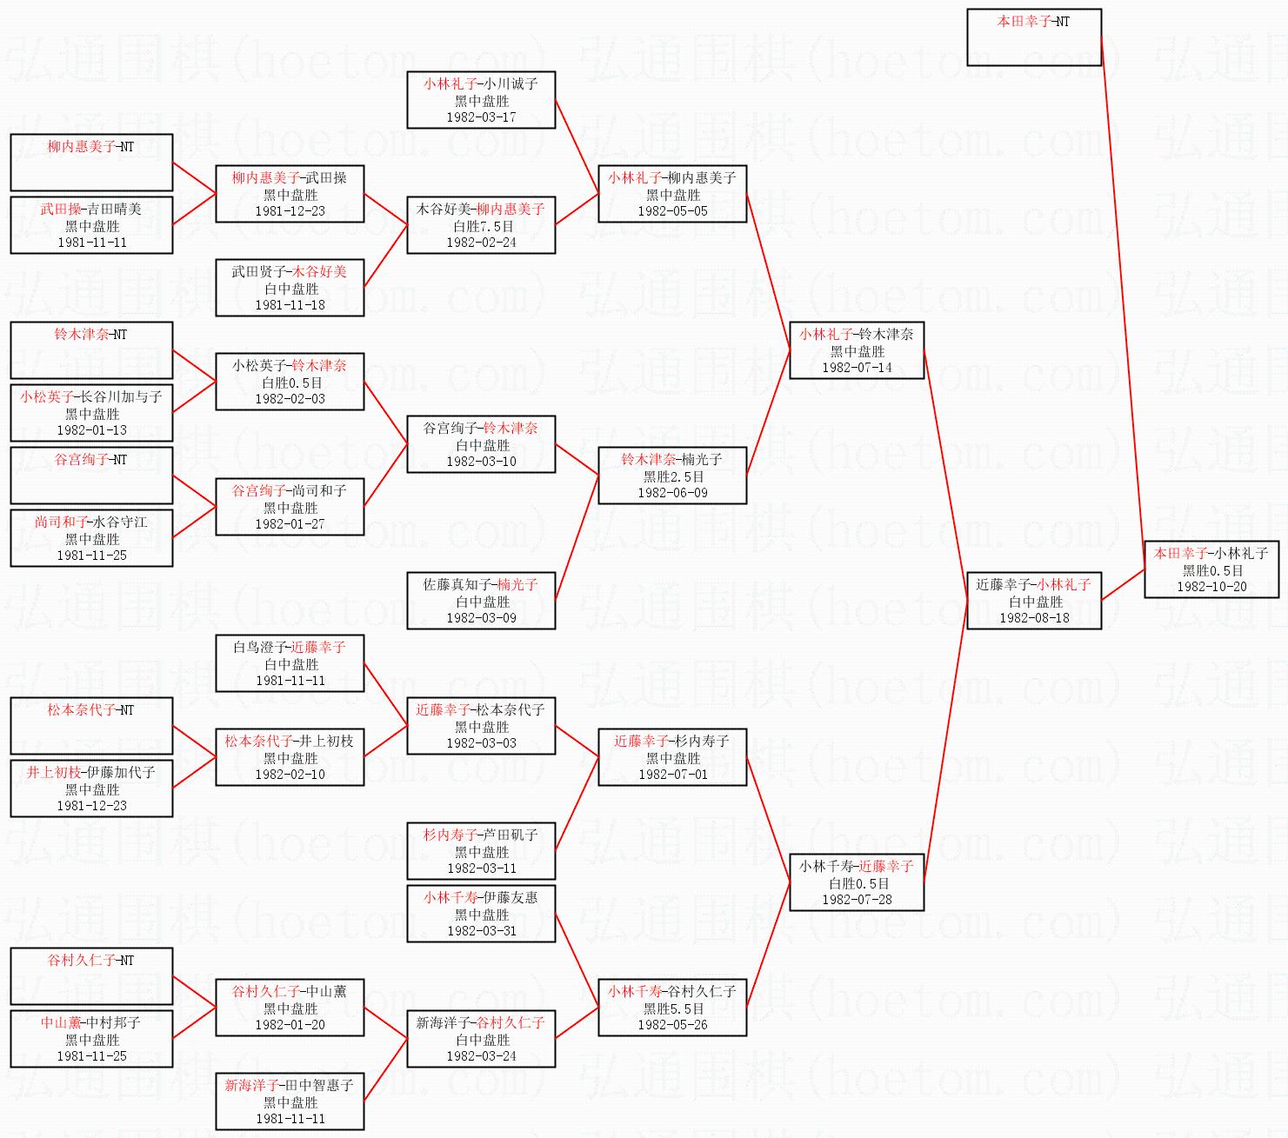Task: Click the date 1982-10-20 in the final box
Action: pos(1211,587)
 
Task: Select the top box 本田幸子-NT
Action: pos(1034,37)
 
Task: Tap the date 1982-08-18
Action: pos(1034,618)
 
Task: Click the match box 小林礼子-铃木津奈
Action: pos(857,350)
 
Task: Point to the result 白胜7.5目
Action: pos(482,226)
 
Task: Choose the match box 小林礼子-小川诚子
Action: pos(481,100)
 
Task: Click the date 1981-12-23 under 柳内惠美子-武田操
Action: pos(290,211)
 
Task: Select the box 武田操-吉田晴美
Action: pos(91,225)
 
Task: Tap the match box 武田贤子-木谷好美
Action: pos(290,288)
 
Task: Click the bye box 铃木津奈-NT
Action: pos(91,350)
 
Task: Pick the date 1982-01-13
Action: pos(91,430)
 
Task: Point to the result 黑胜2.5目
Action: pos(673,476)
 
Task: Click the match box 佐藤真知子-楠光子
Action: pos(481,601)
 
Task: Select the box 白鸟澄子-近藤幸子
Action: pos(290,663)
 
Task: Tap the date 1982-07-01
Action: pos(673,775)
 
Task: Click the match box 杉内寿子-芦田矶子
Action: pos(481,851)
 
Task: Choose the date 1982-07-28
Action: pos(857,900)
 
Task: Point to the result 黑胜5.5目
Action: pos(673,1008)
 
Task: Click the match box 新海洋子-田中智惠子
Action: pos(290,1101)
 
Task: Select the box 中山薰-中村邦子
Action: pos(91,1039)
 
